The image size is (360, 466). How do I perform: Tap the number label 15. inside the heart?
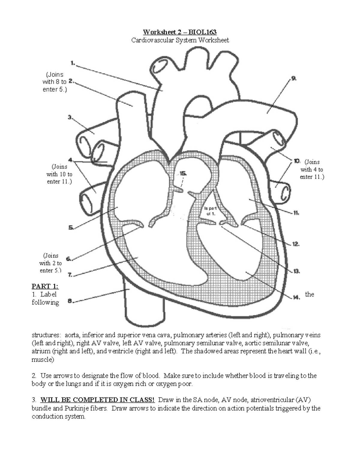point(183,173)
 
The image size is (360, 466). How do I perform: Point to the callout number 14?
point(296,297)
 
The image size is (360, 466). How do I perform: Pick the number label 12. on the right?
point(295,244)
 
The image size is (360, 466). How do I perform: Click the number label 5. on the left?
point(71,227)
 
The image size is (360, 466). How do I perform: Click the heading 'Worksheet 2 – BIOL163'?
point(180,32)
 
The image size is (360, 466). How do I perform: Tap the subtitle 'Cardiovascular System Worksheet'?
point(180,40)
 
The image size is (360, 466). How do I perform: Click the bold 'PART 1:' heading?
point(45,286)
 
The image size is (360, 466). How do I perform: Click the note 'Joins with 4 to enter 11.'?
point(312,170)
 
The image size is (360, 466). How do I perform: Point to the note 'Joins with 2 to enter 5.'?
point(50,263)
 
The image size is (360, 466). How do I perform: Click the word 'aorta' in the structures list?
point(73,335)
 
